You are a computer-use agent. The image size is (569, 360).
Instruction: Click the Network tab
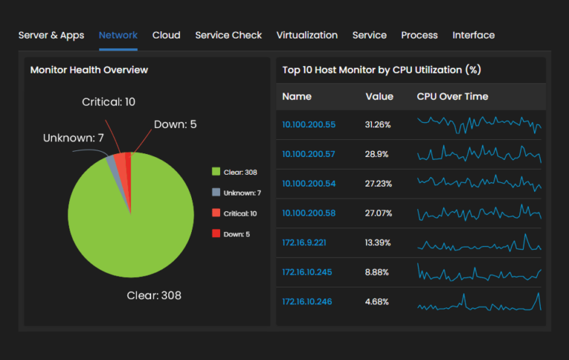118,35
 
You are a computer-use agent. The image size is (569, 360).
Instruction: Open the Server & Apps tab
51,35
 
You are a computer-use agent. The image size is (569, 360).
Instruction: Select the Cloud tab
166,35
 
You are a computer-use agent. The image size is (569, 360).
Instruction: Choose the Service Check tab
228,35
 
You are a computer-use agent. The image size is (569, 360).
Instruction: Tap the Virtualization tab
307,35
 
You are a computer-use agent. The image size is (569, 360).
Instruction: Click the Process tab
419,35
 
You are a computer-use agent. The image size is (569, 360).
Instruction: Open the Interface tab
473,35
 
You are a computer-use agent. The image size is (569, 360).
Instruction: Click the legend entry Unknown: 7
236,193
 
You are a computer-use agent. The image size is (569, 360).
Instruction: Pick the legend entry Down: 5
232,234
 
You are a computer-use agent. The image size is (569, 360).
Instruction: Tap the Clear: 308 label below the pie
154,296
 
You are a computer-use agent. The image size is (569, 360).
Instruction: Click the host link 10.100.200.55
309,124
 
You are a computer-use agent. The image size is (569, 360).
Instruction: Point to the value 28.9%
376,154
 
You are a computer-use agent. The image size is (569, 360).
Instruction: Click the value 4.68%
378,301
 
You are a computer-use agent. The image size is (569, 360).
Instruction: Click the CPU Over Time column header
453,96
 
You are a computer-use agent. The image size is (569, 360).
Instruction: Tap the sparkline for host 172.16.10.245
479,272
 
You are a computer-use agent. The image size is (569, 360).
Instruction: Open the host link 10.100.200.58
309,213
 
